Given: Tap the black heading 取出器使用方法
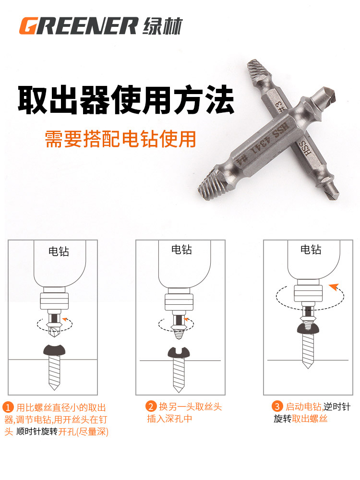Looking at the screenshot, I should (126, 99).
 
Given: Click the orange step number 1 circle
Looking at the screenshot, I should (9, 408).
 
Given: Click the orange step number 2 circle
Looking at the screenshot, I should (152, 407).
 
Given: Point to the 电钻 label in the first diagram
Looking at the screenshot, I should (59, 251).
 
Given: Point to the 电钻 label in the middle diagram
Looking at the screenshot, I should (181, 250).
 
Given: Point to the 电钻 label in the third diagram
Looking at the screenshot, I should (311, 250).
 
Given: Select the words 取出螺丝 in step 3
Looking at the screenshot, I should (310, 419).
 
